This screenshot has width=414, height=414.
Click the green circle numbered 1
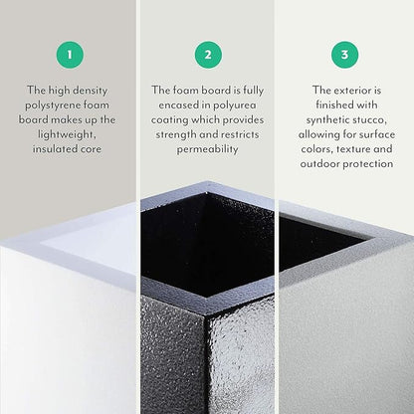pos(70,55)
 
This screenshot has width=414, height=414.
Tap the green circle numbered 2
pos(207,55)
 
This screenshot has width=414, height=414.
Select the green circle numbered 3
pos(344,55)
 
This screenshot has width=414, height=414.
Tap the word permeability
pos(207,149)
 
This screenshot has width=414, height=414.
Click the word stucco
pos(370,119)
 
